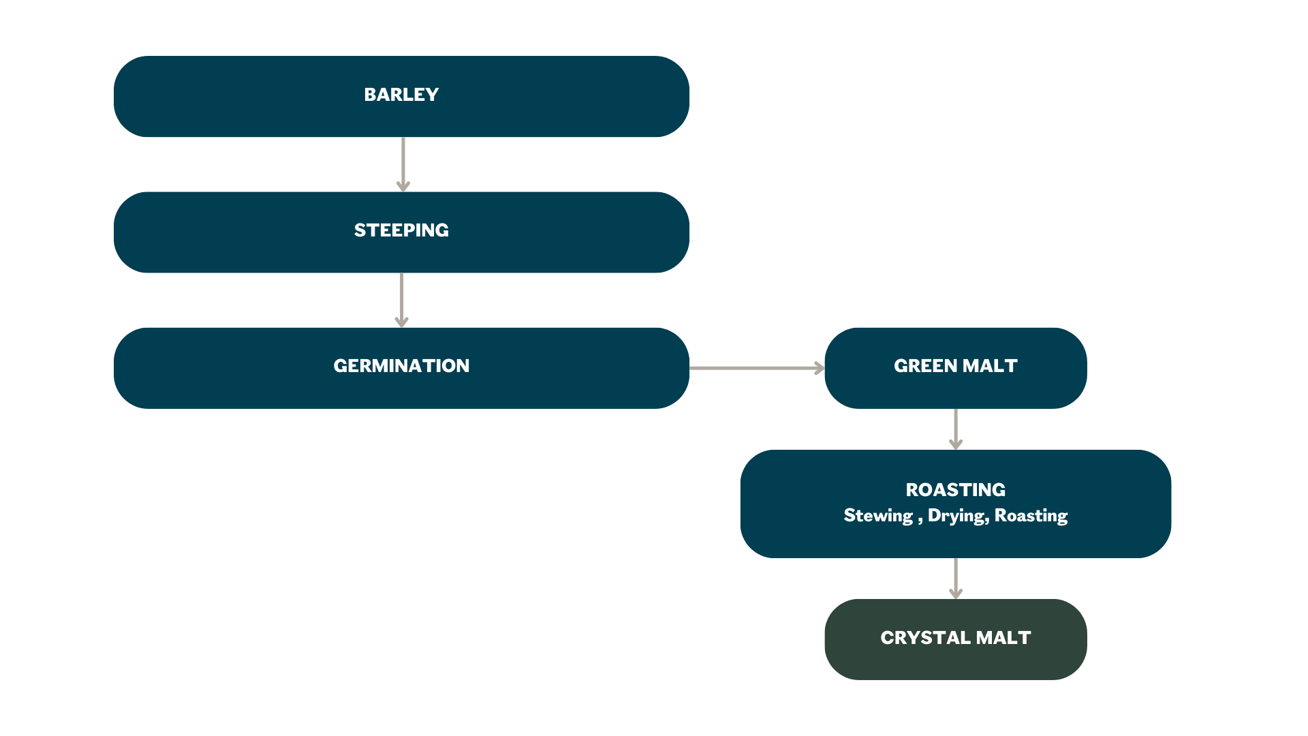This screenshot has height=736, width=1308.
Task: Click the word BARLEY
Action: pos(401,95)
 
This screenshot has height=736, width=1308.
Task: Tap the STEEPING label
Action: pos(401,230)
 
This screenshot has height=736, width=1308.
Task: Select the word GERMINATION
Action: pos(401,366)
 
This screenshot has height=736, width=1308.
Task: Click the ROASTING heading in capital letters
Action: pos(955,490)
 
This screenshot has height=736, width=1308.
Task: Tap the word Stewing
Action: pos(878,516)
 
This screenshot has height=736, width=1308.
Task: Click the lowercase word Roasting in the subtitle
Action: pos(1031,516)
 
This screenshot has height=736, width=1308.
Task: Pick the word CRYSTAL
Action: pos(925,638)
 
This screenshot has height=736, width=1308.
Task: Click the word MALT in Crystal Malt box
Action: pos(1003,638)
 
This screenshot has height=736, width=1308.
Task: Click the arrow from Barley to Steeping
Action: pos(403,164)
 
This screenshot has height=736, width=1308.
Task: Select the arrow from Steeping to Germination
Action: pos(402,300)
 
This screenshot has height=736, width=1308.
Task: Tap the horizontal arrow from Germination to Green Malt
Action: pos(756,368)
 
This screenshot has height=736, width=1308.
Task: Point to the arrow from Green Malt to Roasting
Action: pos(956,429)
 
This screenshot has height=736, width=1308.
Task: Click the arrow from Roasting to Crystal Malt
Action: pos(956,578)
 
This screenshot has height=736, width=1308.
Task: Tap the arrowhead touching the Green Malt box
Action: pos(820,368)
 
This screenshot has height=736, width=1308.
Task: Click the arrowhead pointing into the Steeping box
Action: pos(403,186)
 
